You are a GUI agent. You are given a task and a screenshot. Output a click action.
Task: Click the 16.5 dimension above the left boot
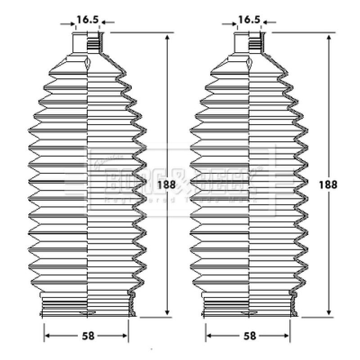click(87, 20)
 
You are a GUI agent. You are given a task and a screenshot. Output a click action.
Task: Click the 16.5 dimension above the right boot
click(249, 20)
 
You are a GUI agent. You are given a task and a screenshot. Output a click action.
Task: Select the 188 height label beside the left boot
click(166, 184)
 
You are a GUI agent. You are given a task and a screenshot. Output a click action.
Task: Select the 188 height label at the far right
click(328, 184)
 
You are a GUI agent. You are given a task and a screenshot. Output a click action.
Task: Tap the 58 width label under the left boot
click(88, 336)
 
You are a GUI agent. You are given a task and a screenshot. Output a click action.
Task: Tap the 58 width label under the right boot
click(250, 336)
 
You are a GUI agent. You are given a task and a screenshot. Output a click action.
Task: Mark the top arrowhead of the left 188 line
click(167, 36)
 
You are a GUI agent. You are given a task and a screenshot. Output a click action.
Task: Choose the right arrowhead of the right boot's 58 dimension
click(288, 336)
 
